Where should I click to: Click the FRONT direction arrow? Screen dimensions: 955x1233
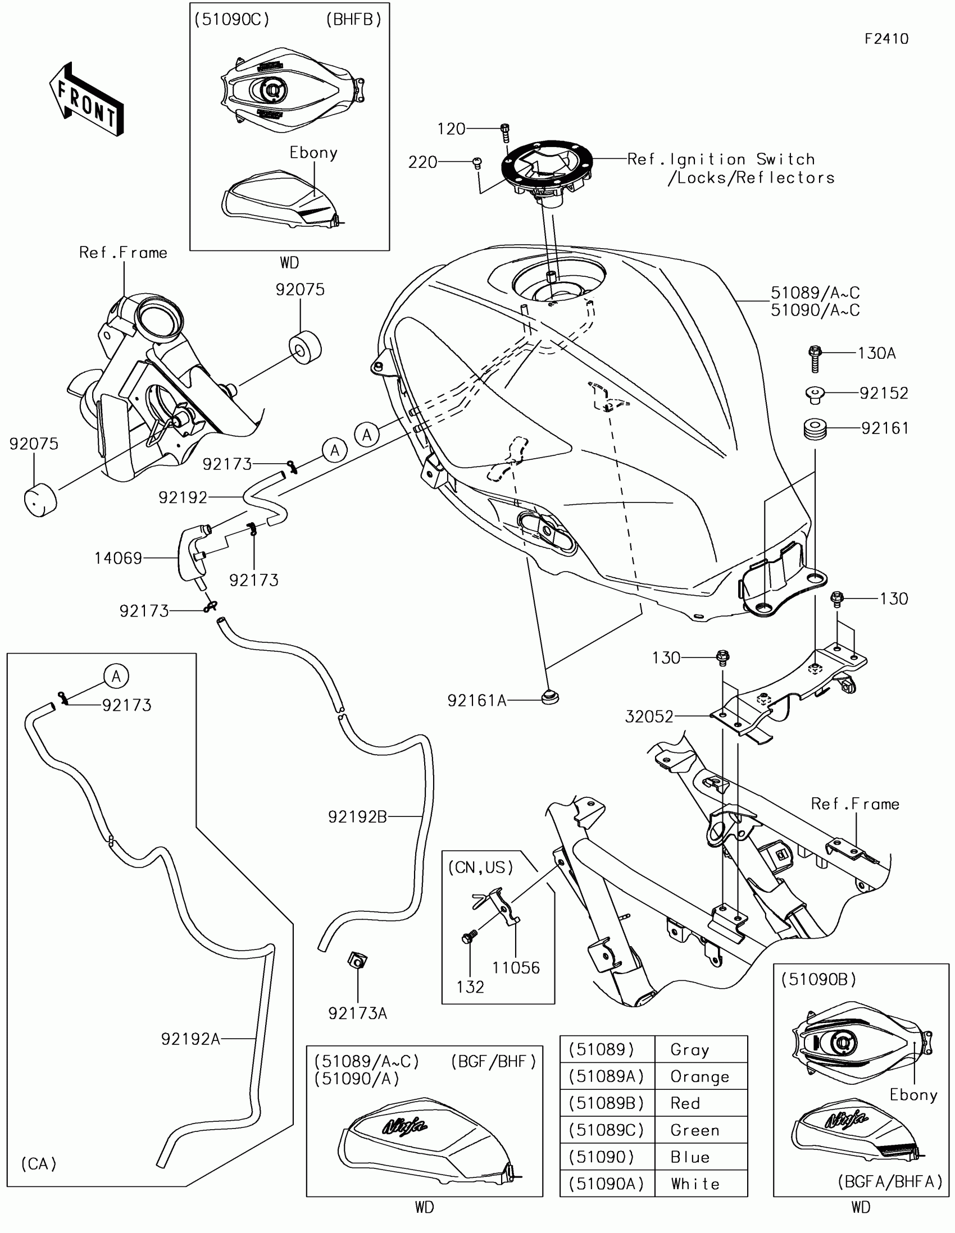[87, 99]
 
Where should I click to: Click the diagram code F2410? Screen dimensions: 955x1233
[886, 39]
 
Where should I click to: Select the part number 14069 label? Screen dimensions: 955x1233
[118, 558]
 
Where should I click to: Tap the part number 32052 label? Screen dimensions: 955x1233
[649, 716]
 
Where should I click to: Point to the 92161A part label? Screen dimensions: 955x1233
[477, 701]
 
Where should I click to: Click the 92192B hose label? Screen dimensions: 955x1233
[357, 816]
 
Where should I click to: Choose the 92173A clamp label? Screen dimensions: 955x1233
[357, 1013]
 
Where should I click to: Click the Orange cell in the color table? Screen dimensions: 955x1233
[700, 1076]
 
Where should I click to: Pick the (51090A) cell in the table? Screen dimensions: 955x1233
[607, 1183]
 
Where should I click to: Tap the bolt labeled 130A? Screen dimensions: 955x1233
[815, 358]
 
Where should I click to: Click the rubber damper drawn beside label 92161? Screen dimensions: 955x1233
[815, 428]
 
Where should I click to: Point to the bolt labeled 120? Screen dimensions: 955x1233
[506, 133]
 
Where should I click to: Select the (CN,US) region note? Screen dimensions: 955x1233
[481, 867]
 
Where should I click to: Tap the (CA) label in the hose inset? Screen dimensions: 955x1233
[39, 1164]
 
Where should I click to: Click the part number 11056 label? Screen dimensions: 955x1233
[516, 967]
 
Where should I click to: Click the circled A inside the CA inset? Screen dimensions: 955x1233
[116, 676]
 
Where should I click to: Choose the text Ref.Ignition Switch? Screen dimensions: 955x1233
[721, 159]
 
